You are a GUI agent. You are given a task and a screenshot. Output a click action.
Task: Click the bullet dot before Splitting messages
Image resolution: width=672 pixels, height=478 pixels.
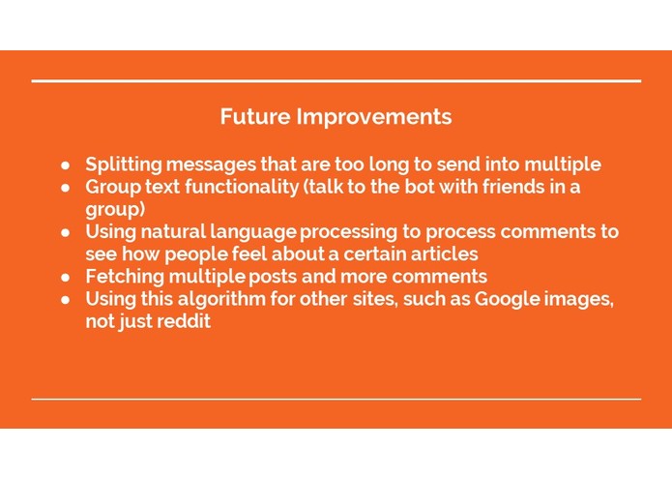[x=66, y=165]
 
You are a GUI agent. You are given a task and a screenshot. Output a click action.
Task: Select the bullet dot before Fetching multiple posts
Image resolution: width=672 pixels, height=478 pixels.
[x=66, y=278]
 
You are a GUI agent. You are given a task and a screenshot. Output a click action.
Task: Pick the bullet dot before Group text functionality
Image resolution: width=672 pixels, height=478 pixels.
[x=66, y=188]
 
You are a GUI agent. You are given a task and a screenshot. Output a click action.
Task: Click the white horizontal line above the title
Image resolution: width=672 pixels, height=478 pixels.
[x=336, y=81]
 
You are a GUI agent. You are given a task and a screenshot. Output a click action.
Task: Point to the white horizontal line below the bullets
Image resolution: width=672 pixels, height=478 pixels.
[x=336, y=399]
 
